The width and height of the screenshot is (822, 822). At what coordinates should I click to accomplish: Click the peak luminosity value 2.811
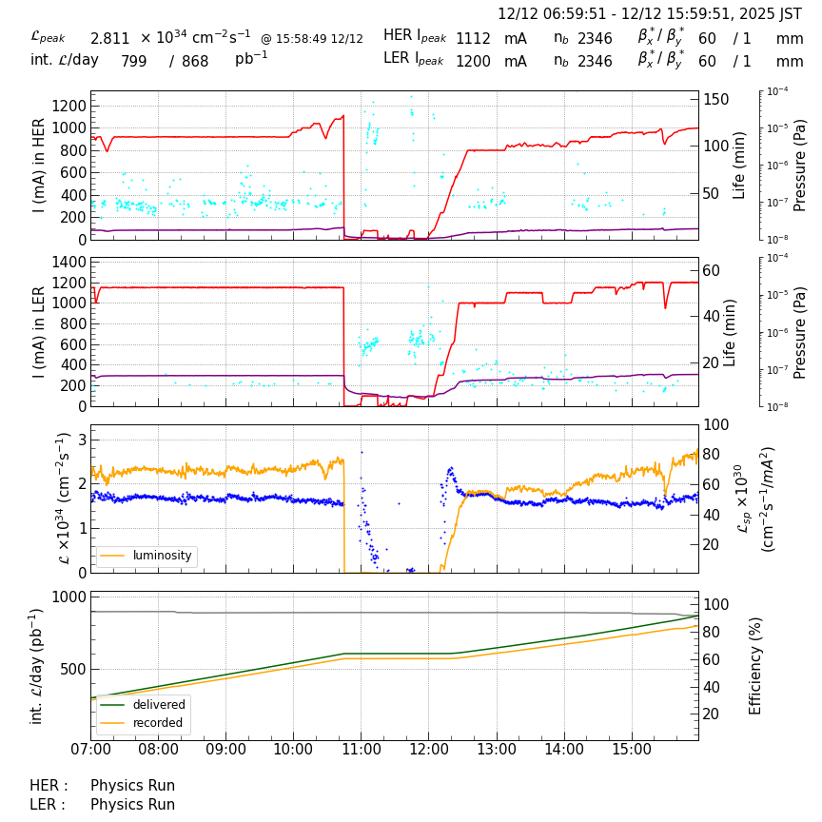coord(109,39)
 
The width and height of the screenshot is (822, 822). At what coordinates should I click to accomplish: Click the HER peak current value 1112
coord(473,39)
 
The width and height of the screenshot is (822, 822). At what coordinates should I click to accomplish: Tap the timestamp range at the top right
coord(650,14)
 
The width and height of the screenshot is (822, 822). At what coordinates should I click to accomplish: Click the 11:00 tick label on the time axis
coord(361,750)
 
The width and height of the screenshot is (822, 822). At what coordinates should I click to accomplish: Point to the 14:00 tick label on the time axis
coord(563,750)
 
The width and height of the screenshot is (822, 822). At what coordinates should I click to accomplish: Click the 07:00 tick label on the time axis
coord(90,750)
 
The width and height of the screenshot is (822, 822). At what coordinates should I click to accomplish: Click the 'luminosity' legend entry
coord(162,556)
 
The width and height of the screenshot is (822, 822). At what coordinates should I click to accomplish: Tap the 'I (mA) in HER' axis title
coord(39,166)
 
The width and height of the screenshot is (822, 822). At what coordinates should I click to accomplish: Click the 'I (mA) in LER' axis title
coord(39,332)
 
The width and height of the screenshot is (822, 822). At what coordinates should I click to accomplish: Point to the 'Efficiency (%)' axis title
coord(756,666)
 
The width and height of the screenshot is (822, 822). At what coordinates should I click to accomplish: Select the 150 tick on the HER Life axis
coord(715,100)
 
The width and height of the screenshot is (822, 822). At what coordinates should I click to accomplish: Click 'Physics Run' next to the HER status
coord(132,786)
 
